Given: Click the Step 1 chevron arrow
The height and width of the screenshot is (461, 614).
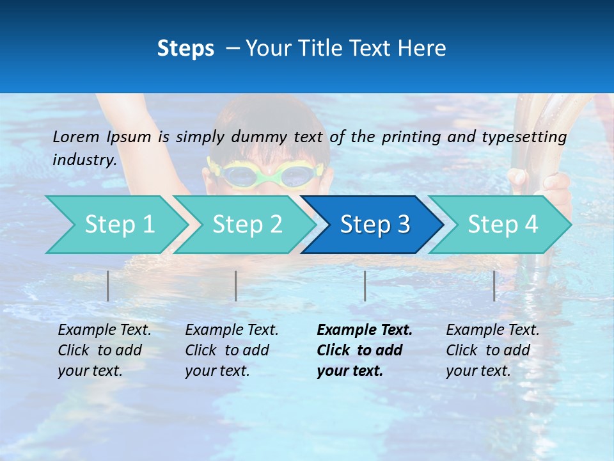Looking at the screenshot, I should pos(115,225).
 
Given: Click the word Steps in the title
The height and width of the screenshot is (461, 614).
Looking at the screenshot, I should pos(185,49).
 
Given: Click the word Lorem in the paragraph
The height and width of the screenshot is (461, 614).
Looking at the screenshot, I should pos(76,136).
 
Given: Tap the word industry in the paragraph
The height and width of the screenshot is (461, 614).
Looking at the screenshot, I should pos(84,159).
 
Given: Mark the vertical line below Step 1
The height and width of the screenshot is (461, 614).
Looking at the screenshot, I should pos(108,286).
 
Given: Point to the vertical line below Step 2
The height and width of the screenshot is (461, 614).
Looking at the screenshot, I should pos(236,286).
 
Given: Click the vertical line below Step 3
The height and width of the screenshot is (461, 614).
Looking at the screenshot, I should pos(365,286).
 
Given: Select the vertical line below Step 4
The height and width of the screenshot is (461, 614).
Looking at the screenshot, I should pos(494,286).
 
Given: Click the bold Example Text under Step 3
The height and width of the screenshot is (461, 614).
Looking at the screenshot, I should pos(365,330).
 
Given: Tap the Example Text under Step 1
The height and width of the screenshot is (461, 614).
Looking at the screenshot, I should pos(104,330).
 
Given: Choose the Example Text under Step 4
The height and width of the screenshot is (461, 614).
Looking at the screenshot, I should pos(492,330).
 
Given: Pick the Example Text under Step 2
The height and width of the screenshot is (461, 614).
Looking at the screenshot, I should pos(232,330).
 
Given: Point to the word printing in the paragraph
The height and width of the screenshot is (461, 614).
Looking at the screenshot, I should pos(409,136).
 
